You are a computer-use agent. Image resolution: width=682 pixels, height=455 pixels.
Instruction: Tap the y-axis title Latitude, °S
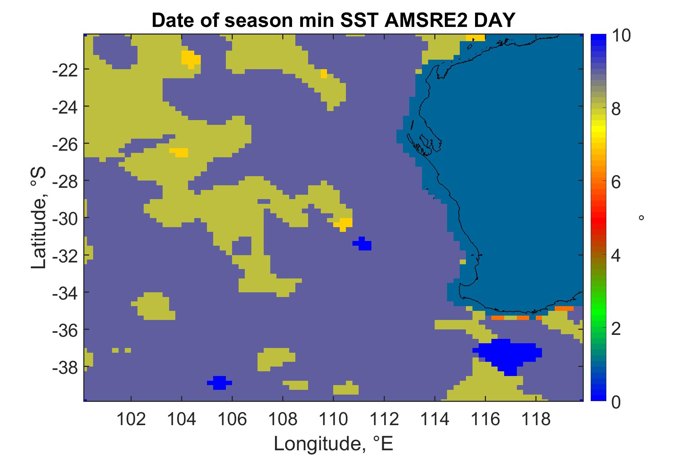(x=39, y=218)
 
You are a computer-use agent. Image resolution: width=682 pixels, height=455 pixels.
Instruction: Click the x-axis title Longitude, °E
(x=334, y=443)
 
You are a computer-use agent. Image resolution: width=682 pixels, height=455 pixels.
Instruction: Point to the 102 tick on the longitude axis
(x=131, y=420)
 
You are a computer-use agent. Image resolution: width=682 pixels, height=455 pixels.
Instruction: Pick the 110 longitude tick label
(x=333, y=420)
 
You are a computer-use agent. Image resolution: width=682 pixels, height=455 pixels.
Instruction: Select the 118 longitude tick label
(x=536, y=420)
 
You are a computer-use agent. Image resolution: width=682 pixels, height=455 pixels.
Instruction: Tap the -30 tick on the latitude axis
(x=65, y=218)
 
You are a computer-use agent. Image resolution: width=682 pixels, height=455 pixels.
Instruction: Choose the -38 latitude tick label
(x=65, y=366)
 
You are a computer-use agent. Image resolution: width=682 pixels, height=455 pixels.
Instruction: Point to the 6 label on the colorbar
(x=617, y=182)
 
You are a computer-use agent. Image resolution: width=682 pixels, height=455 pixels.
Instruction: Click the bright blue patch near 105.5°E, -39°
(x=219, y=383)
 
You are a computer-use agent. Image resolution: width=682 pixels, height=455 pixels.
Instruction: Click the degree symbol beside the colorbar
(x=641, y=218)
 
